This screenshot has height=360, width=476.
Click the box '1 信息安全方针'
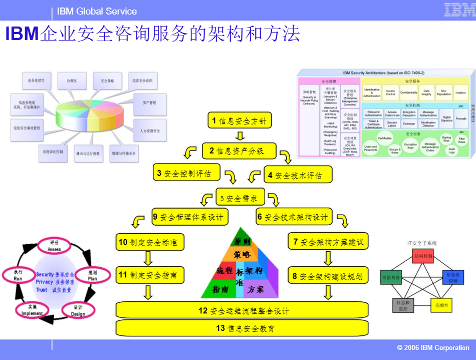(240, 120)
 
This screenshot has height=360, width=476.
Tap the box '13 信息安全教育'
(242, 328)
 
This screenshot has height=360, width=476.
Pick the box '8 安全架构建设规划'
(328, 275)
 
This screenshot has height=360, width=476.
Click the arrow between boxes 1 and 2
(240, 135)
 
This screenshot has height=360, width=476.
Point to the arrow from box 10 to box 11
(148, 258)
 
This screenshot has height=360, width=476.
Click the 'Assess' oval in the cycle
(54, 246)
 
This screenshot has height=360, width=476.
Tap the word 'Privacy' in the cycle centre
(44, 282)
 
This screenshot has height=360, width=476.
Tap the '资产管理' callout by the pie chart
(149, 103)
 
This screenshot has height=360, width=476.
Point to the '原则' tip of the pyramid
(243, 241)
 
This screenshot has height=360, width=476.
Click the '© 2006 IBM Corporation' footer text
(433, 347)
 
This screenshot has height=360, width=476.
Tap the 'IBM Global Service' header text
(97, 11)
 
